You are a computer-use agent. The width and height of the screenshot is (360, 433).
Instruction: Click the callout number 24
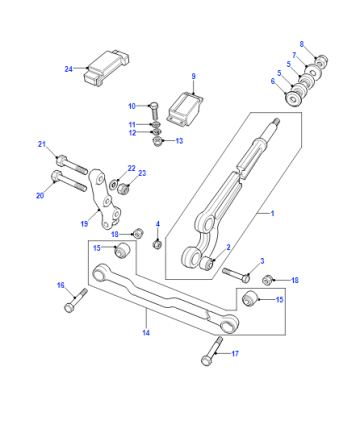click(x=68, y=69)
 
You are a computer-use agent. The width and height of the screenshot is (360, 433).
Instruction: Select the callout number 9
click(x=194, y=76)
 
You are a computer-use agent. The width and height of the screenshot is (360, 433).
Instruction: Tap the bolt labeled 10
click(x=154, y=112)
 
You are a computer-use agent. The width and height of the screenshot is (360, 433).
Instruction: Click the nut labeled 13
click(x=157, y=141)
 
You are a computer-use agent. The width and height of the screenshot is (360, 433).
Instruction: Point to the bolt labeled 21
click(x=72, y=165)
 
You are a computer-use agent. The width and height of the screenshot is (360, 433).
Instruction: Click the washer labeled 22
click(x=113, y=184)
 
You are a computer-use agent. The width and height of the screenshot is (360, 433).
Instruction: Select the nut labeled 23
click(x=123, y=189)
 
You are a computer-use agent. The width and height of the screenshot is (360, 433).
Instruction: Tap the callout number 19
click(x=84, y=224)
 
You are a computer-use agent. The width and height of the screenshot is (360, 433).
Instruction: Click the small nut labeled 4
click(x=157, y=244)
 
